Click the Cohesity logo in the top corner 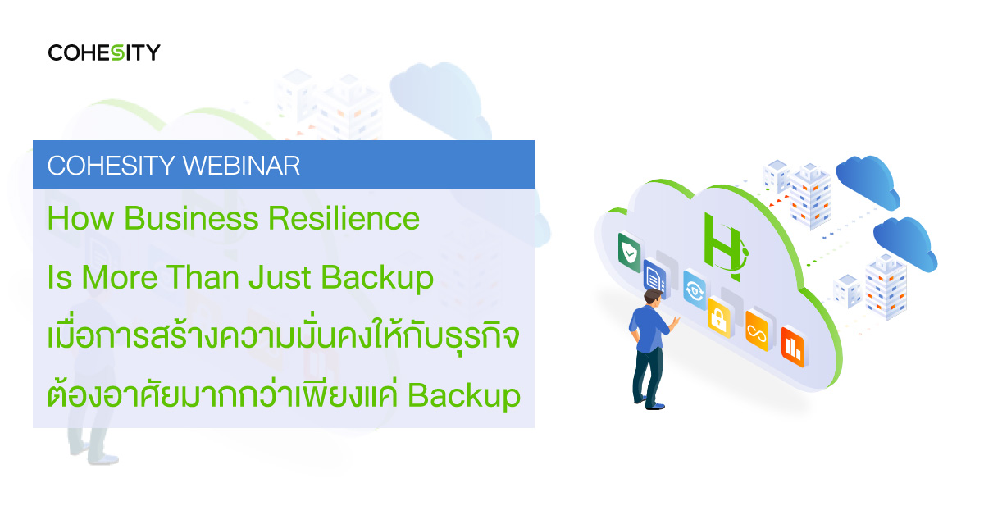pyautogui.click(x=104, y=52)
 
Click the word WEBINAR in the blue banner pyautogui.click(x=241, y=166)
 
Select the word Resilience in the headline pyautogui.click(x=344, y=218)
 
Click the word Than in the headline pyautogui.click(x=203, y=277)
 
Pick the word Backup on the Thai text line pyautogui.click(x=464, y=397)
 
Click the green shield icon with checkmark pyautogui.click(x=630, y=253)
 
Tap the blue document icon pyautogui.click(x=655, y=278)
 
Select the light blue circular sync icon pyautogui.click(x=695, y=290)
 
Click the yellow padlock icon pyautogui.click(x=718, y=317)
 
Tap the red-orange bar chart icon pyautogui.click(x=793, y=347)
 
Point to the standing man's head pyautogui.click(x=654, y=298)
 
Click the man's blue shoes pyautogui.click(x=649, y=403)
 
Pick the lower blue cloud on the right pyautogui.click(x=905, y=244)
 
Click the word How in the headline pyautogui.click(x=81, y=218)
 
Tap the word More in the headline pyautogui.click(x=120, y=277)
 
